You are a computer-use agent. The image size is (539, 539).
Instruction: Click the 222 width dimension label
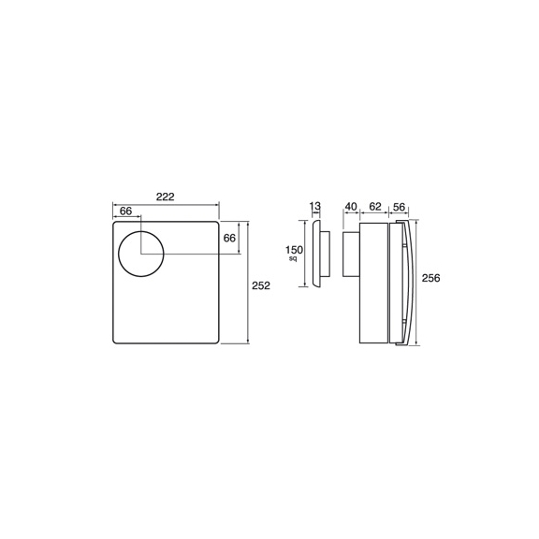pos(166,197)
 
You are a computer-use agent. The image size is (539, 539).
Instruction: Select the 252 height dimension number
pos(261,285)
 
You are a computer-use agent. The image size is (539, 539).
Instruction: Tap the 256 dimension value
pos(430,278)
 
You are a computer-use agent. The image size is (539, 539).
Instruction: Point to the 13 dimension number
pos(314,206)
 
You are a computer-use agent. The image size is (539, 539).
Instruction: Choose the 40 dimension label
pos(351,207)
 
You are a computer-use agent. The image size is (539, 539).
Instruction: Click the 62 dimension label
pos(375,207)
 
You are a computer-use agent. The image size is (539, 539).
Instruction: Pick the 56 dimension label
pos(399,207)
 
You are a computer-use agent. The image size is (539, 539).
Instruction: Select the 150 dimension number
pos(294,250)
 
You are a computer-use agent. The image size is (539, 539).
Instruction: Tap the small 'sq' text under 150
pos(293,258)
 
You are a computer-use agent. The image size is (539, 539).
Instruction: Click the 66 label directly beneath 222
pos(125,211)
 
